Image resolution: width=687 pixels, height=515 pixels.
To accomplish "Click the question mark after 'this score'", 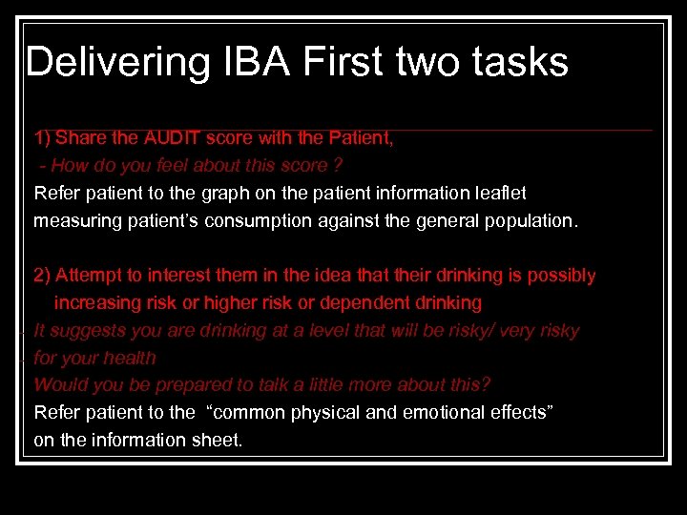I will click(x=338, y=166).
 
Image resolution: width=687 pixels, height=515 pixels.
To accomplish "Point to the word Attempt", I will click(x=88, y=276).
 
